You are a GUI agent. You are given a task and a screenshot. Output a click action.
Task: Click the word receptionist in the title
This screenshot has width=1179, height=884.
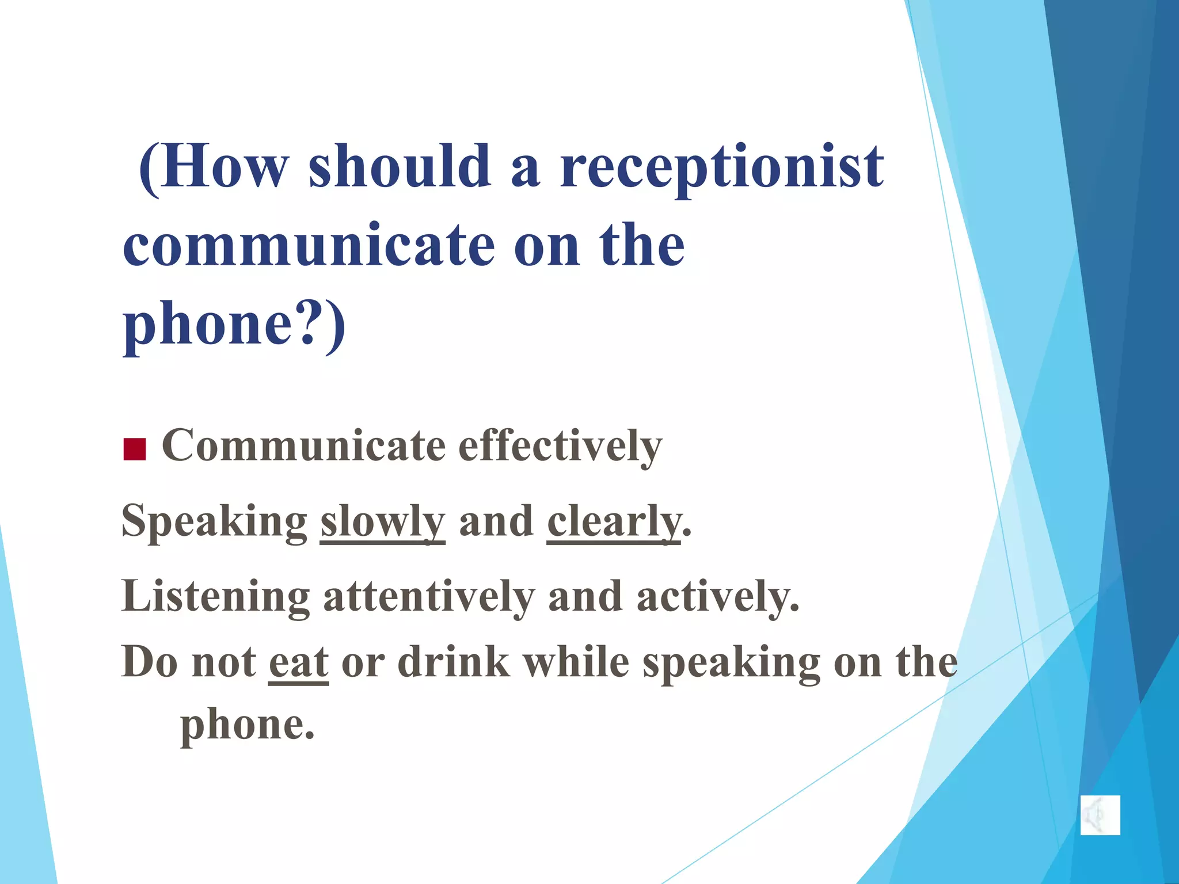pyautogui.click(x=722, y=168)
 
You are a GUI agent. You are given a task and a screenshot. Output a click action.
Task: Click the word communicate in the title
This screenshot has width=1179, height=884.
pyautogui.click(x=309, y=246)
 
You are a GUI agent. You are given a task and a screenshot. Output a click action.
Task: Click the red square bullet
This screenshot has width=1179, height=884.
pyautogui.click(x=134, y=449)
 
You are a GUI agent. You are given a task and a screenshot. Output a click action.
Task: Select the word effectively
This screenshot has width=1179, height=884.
pyautogui.click(x=560, y=447)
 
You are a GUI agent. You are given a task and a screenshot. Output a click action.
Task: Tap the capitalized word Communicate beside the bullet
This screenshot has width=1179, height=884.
pyautogui.click(x=304, y=447)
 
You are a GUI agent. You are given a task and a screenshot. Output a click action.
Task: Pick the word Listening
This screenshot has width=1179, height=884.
pyautogui.click(x=215, y=597)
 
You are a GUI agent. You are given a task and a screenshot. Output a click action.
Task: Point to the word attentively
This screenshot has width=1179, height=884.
pyautogui.click(x=429, y=597)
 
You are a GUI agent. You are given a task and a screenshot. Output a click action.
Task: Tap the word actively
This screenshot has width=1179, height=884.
pyautogui.click(x=718, y=597)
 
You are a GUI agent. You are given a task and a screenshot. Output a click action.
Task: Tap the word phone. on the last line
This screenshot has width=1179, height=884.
pyautogui.click(x=248, y=725)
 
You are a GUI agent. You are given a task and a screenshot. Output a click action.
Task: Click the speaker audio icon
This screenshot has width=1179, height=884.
pyautogui.click(x=1100, y=815)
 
